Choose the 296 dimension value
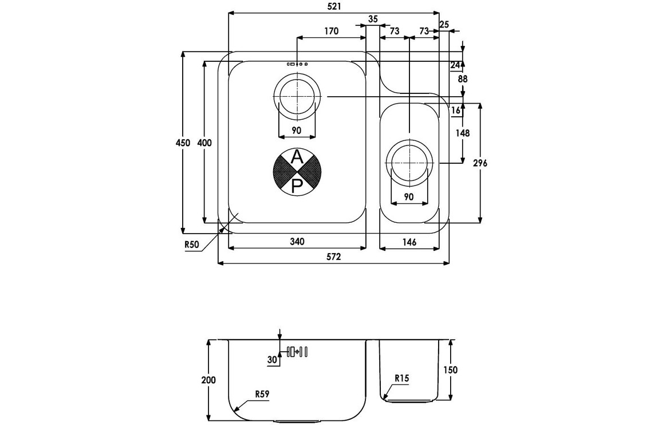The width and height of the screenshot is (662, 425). coord(480,163)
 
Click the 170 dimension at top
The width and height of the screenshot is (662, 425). coord(332,31)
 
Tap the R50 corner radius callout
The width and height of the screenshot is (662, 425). coord(191,245)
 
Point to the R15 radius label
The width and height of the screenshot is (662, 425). coord(401,378)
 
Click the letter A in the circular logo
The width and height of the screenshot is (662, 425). coord(297,158)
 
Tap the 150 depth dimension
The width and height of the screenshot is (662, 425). coord(451,370)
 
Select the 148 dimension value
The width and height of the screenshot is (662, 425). coord(463,133)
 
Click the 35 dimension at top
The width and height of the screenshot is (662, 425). coord(373,19)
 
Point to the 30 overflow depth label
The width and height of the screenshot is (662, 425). coord(272,359)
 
